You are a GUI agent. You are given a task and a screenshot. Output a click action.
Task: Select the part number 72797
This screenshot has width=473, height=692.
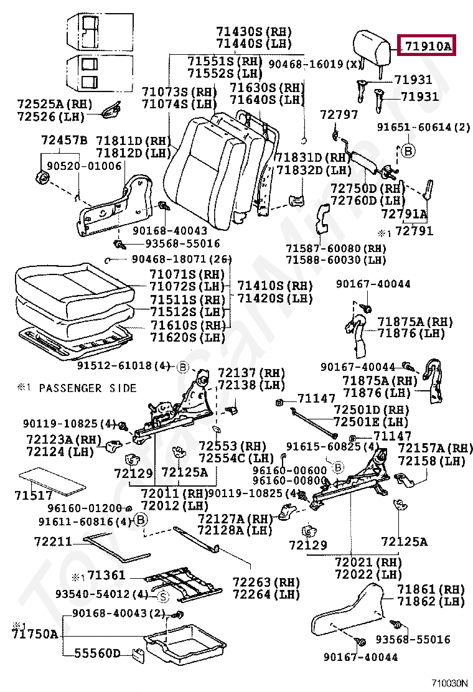coord(339,115)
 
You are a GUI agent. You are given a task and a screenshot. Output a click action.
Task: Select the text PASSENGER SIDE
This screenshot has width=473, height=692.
coord(87,388)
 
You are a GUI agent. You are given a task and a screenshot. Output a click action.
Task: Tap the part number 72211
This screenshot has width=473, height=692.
coord(54,542)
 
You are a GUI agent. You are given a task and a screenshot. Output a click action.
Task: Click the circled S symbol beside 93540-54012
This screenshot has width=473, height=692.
coord(162,597)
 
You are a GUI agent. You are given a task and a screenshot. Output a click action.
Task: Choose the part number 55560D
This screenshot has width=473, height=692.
coord(97,653)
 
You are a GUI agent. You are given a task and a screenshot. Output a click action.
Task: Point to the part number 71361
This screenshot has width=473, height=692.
coord(106,575)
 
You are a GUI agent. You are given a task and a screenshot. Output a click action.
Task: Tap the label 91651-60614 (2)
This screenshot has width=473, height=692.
coord(423,128)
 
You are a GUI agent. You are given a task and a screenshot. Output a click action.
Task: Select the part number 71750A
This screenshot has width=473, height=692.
coord(34,634)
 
